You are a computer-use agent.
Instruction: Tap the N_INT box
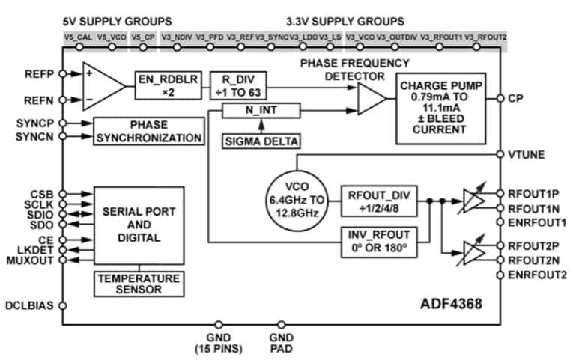tap(261, 111)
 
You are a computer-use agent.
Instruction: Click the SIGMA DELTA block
tap(261, 140)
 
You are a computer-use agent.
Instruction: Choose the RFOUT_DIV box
tap(378, 201)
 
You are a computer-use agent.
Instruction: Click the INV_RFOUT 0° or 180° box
tap(378, 241)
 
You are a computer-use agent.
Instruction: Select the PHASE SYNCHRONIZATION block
tap(148, 131)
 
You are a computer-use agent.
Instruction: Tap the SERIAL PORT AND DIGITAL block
tap(139, 225)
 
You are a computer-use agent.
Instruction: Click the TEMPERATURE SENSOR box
tap(139, 283)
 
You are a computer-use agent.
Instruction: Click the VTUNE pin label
tap(526, 154)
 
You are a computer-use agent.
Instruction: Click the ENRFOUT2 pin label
tap(536, 275)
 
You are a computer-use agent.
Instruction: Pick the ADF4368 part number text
tap(449, 305)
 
